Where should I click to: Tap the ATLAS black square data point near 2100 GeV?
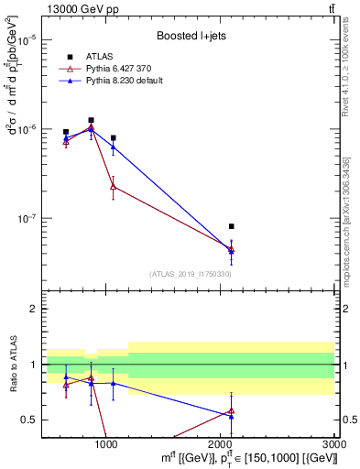point(231,226)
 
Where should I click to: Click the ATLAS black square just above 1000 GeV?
point(113,137)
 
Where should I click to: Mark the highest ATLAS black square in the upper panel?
point(91,120)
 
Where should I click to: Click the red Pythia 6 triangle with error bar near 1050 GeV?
point(113,186)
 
